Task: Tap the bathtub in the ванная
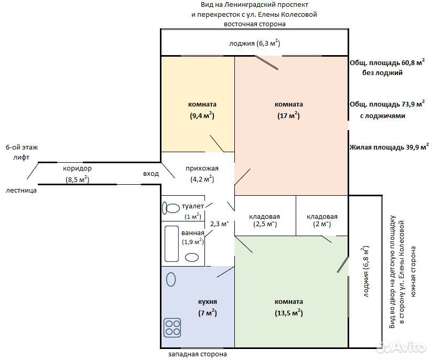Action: (x=171, y=244)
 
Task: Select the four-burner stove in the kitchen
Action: (x=172, y=327)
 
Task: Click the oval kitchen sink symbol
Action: (x=171, y=280)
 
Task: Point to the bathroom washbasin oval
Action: (x=192, y=257)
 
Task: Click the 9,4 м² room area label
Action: (x=202, y=115)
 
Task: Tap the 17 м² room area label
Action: (x=288, y=115)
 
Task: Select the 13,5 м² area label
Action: (x=289, y=313)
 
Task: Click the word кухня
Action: (x=208, y=302)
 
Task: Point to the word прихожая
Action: (x=202, y=168)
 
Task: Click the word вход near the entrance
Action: (x=151, y=174)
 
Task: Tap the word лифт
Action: (x=21, y=157)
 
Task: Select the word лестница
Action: (x=21, y=190)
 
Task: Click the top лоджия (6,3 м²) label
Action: (x=255, y=44)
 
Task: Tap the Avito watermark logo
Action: (x=401, y=346)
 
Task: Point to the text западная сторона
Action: (x=198, y=354)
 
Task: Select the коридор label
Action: (x=77, y=168)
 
